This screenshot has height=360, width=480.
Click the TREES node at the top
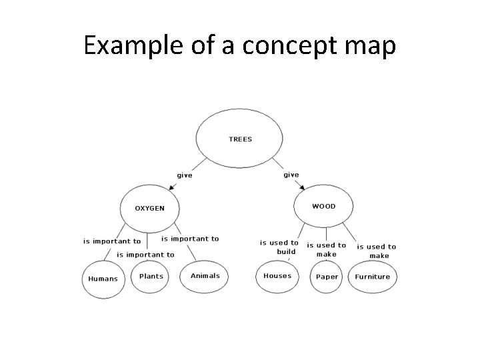[240, 139]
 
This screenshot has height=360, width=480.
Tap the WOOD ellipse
[324, 206]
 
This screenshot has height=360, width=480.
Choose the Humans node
[103, 279]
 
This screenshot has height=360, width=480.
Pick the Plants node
[151, 276]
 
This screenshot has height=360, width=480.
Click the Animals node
[205, 276]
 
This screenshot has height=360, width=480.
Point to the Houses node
[277, 275]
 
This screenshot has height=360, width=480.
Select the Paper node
[327, 277]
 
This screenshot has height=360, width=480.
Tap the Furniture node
[373, 277]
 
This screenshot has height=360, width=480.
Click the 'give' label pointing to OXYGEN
[185, 175]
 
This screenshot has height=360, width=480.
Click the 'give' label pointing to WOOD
[291, 175]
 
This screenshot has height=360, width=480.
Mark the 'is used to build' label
[279, 247]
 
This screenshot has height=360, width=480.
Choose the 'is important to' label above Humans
[112, 241]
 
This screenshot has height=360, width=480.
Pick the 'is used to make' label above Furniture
[377, 251]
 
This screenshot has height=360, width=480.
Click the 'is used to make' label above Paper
[327, 249]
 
